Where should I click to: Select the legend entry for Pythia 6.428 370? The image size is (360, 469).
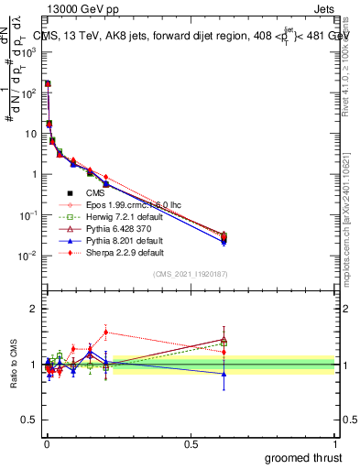114,227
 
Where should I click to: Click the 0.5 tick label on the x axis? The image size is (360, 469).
191,442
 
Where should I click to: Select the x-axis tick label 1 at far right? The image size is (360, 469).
335,442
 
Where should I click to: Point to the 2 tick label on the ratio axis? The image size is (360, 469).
32,309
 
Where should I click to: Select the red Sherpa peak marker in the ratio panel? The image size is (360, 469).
106,333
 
